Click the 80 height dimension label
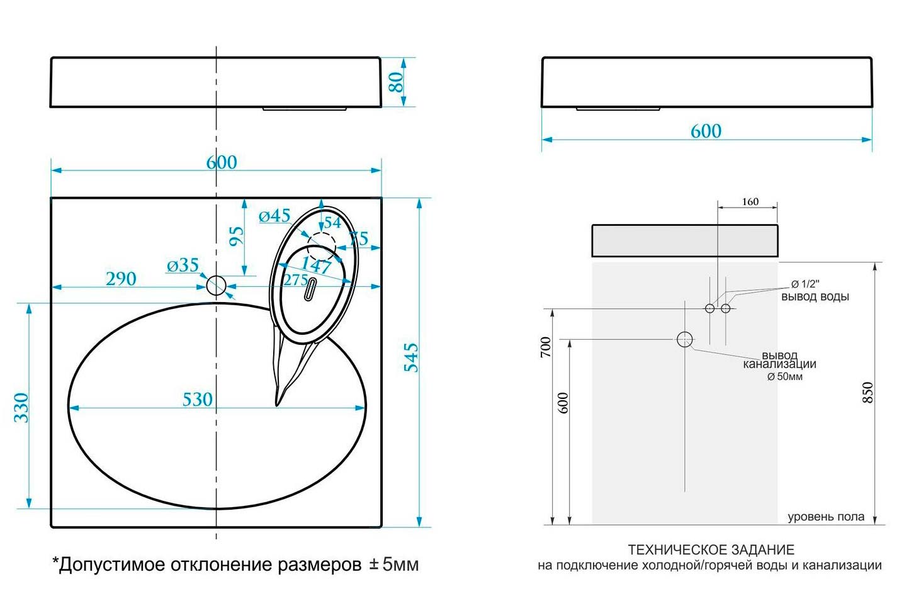click(397, 82)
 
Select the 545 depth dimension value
click(411, 357)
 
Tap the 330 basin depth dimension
click(21, 408)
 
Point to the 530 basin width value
click(197, 400)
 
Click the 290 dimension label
click(121, 279)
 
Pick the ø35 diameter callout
click(183, 265)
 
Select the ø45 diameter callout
click(274, 216)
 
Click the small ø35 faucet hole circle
click(217, 286)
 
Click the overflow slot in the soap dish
click(310, 289)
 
